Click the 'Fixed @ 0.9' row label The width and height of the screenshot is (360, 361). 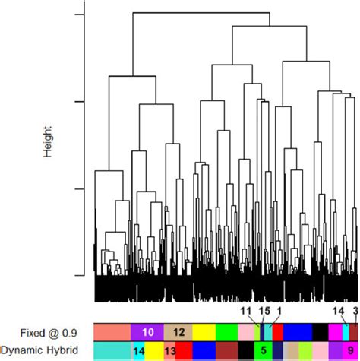[x=44, y=353]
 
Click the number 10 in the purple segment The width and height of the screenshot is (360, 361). [x=148, y=353]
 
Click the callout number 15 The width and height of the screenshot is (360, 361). [x=264, y=332]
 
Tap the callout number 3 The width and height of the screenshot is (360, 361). [x=355, y=332]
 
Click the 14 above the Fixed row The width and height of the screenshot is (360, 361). [x=338, y=332]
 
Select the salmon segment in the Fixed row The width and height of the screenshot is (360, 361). [x=112, y=353]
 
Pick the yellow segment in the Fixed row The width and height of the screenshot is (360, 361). [x=204, y=353]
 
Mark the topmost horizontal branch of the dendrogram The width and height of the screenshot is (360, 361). [x=201, y=13]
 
